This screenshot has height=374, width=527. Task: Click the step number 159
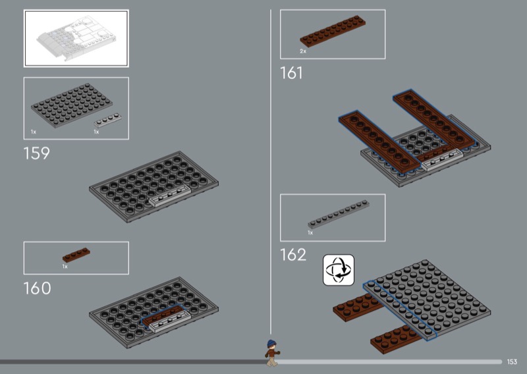click(x=37, y=153)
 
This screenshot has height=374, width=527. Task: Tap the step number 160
click(x=37, y=288)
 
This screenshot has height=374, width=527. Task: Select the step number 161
click(x=291, y=73)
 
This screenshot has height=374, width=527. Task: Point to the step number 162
click(x=293, y=255)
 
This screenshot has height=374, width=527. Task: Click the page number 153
click(x=512, y=361)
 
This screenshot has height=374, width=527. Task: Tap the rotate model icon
click(x=339, y=270)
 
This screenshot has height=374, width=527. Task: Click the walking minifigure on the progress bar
click(x=271, y=353)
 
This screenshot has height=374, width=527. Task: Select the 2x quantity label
click(x=303, y=51)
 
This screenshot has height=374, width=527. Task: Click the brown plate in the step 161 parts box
click(x=333, y=31)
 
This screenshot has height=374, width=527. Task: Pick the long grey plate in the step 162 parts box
click(x=339, y=215)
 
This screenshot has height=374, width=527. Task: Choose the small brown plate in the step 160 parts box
click(x=76, y=255)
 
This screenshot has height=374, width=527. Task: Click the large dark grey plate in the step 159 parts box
click(x=72, y=105)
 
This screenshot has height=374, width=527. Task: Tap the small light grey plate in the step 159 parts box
click(x=107, y=120)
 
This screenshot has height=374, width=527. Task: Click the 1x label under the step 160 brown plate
click(x=65, y=267)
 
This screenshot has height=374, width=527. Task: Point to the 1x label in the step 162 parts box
click(x=310, y=232)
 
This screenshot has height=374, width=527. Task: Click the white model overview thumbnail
click(x=76, y=38)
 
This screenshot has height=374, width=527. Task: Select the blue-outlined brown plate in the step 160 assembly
click(x=163, y=315)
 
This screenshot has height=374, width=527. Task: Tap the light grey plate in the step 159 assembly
click(x=170, y=196)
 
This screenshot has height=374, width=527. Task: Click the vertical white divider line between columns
click(x=271, y=171)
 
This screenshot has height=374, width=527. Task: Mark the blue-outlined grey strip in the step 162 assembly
click(x=400, y=310)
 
